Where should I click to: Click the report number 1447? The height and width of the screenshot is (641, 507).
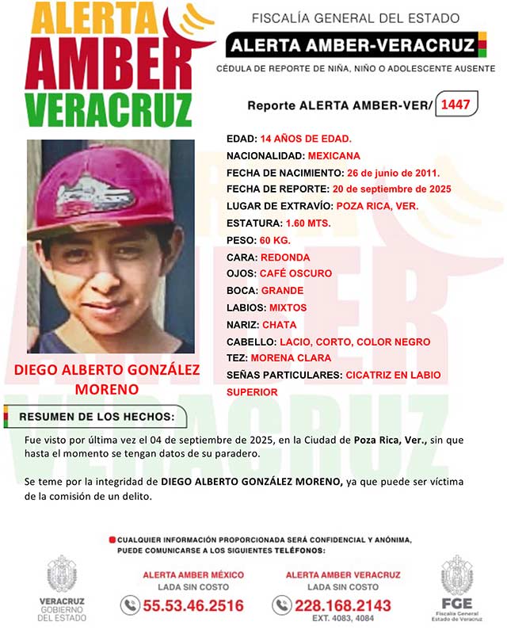459,104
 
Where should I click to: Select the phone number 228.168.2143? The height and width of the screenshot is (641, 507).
343,605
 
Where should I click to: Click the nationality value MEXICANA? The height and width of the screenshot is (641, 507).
312,155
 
